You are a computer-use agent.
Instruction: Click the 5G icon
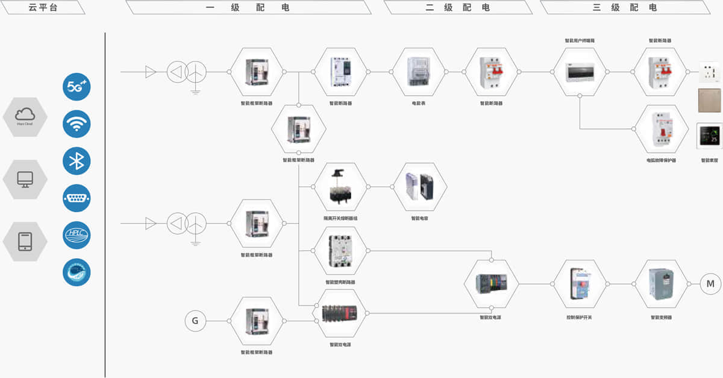[77, 87]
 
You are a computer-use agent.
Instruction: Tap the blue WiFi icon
[77, 124]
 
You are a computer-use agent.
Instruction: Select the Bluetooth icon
[77, 161]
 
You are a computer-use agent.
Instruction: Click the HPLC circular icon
[77, 235]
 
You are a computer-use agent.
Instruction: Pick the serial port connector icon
[77, 198]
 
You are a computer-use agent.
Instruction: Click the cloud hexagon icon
[25, 117]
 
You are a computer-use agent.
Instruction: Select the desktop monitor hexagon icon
[25, 179]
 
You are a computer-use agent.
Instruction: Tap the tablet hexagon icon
[25, 241]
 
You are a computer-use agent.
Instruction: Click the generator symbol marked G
[195, 321]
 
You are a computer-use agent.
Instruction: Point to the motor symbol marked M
[710, 283]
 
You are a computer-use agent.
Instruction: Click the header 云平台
[43, 7]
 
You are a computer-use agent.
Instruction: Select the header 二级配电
[458, 7]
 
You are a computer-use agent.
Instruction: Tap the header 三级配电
[625, 7]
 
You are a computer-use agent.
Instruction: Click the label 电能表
[419, 103]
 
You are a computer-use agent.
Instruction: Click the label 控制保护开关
[579, 317]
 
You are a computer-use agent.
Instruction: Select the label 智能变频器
[661, 317]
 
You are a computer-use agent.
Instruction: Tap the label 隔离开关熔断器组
[340, 218]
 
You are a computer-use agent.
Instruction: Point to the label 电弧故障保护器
[661, 160]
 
